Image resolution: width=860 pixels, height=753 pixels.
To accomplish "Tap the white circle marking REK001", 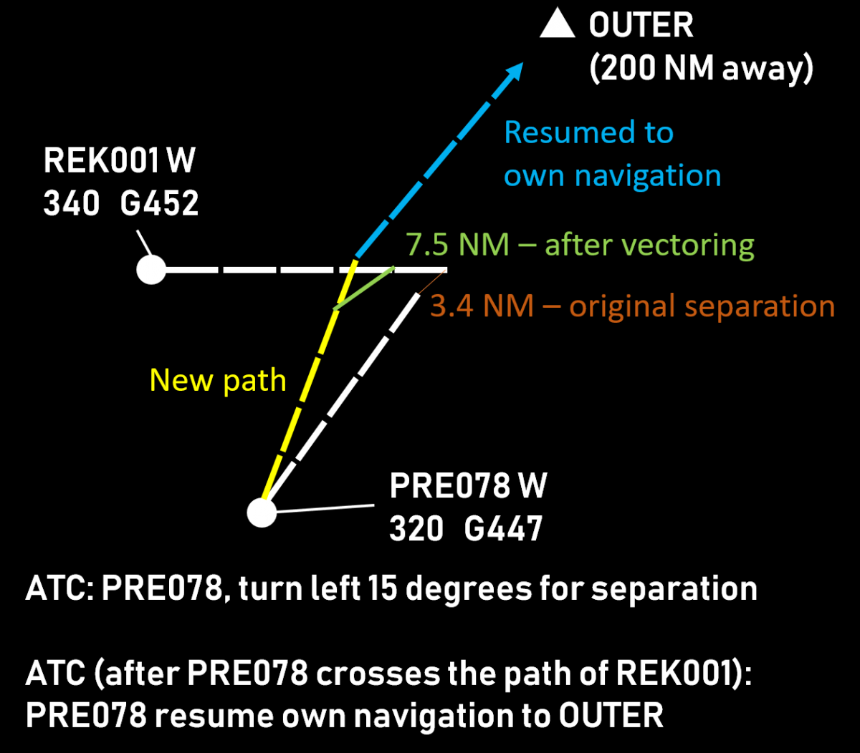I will [x=151, y=271].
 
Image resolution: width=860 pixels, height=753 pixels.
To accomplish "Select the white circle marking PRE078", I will [x=262, y=512].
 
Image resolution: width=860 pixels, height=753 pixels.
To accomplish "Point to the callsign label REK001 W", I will [x=119, y=161].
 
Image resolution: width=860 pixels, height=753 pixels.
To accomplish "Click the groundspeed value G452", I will [x=159, y=205].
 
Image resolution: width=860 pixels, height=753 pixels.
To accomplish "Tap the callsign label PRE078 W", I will [x=468, y=486].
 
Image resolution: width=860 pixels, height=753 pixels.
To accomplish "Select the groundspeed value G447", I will [x=503, y=530].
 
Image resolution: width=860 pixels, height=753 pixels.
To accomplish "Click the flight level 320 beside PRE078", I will [x=416, y=530].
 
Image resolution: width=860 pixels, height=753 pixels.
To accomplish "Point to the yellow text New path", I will [x=218, y=380].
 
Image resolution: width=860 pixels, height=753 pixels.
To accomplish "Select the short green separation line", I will [x=365, y=288].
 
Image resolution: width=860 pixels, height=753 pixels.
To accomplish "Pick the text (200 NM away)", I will [x=701, y=69].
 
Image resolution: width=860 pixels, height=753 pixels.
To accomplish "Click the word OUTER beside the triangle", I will [x=641, y=26].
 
